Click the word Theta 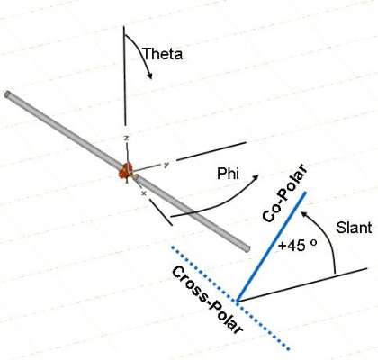pyautogui.click(x=163, y=54)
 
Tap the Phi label pyautogui.click(x=228, y=174)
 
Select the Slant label pyautogui.click(x=354, y=228)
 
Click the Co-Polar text pyautogui.click(x=285, y=193)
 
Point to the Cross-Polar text pyautogui.click(x=207, y=300)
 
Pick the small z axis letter pyautogui.click(x=126, y=139)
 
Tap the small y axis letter pyautogui.click(x=166, y=165)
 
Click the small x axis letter pyautogui.click(x=144, y=193)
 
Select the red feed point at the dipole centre pyautogui.click(x=126, y=170)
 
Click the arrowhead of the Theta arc pyautogui.click(x=149, y=75)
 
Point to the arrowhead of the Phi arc pyautogui.click(x=255, y=178)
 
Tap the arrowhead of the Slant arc pyautogui.click(x=305, y=214)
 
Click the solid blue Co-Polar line pyautogui.click(x=271, y=247)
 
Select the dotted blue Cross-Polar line pyautogui.click(x=231, y=298)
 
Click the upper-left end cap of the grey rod pyautogui.click(x=7, y=94)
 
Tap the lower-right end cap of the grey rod pyautogui.click(x=247, y=248)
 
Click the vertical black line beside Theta pyautogui.click(x=124, y=76)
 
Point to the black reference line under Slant pyautogui.click(x=302, y=284)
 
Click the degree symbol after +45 pyautogui.click(x=313, y=242)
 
